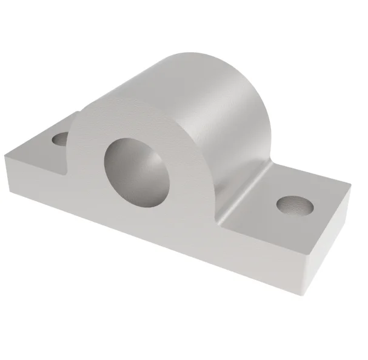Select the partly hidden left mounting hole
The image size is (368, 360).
[60, 139]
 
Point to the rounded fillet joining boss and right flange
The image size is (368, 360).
[249, 182]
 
